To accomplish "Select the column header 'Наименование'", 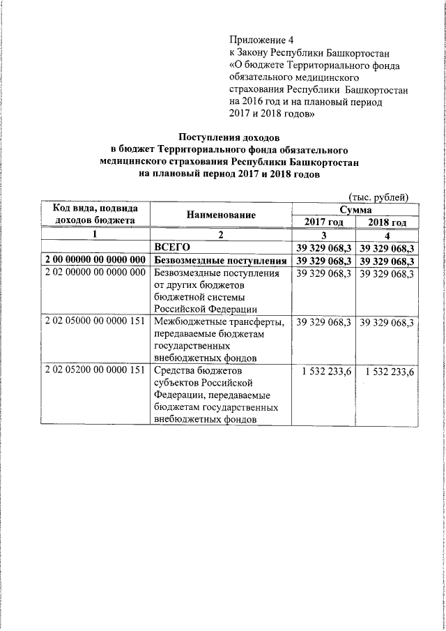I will pyautogui.click(x=220, y=215).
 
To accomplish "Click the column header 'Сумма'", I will pyautogui.click(x=355, y=209).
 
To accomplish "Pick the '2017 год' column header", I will pyautogui.click(x=323, y=222).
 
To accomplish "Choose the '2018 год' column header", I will pyautogui.click(x=387, y=222).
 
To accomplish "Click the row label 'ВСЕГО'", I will pyautogui.click(x=171, y=248).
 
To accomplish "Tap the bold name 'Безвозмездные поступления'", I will pyautogui.click(x=220, y=261).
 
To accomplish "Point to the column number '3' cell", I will pyautogui.click(x=323, y=236).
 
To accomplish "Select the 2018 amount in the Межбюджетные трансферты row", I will pyautogui.click(x=387, y=323).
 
